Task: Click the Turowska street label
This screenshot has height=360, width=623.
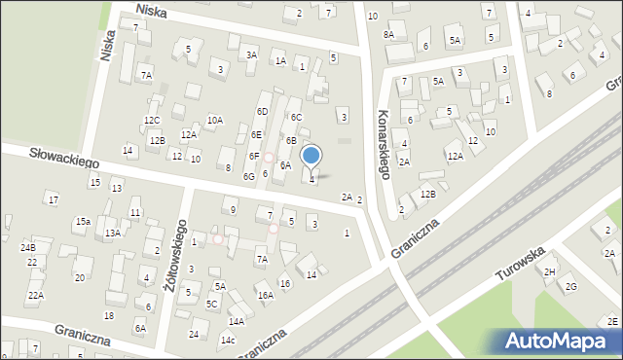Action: coord(519,262)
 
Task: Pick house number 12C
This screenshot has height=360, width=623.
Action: coord(152,121)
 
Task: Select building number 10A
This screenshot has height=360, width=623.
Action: coord(215,120)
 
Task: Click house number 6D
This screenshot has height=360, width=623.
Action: coord(262,112)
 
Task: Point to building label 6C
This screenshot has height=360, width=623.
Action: coord(296,118)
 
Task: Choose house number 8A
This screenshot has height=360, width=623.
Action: coord(388,34)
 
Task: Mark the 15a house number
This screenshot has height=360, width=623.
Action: coord(84,222)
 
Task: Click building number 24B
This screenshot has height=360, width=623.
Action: coord(27,248)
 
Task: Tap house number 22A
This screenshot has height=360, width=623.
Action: coord(35,295)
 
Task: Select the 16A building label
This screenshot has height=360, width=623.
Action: coord(265,295)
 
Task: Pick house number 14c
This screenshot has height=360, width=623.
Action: coord(228,340)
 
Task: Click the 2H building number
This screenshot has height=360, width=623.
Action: coord(550,271)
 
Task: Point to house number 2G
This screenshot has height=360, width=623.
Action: coord(571,286)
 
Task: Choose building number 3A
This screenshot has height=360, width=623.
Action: coord(251,55)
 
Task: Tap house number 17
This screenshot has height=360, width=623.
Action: coord(53,199)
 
